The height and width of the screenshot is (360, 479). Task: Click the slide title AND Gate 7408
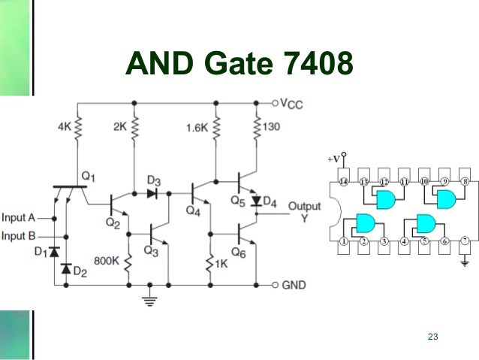click(x=239, y=66)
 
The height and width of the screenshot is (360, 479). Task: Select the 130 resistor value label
click(x=271, y=127)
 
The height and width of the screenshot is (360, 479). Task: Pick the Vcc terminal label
click(x=292, y=104)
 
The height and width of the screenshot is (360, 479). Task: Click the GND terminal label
click(x=296, y=286)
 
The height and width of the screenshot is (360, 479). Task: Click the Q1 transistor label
click(x=89, y=176)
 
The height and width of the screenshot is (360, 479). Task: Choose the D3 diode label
click(x=153, y=180)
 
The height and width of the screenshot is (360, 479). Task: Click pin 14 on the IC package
click(x=344, y=182)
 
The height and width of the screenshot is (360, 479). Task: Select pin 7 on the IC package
click(x=465, y=241)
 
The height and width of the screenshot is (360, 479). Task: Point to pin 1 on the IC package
click(x=344, y=241)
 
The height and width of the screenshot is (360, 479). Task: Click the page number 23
click(x=431, y=335)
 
